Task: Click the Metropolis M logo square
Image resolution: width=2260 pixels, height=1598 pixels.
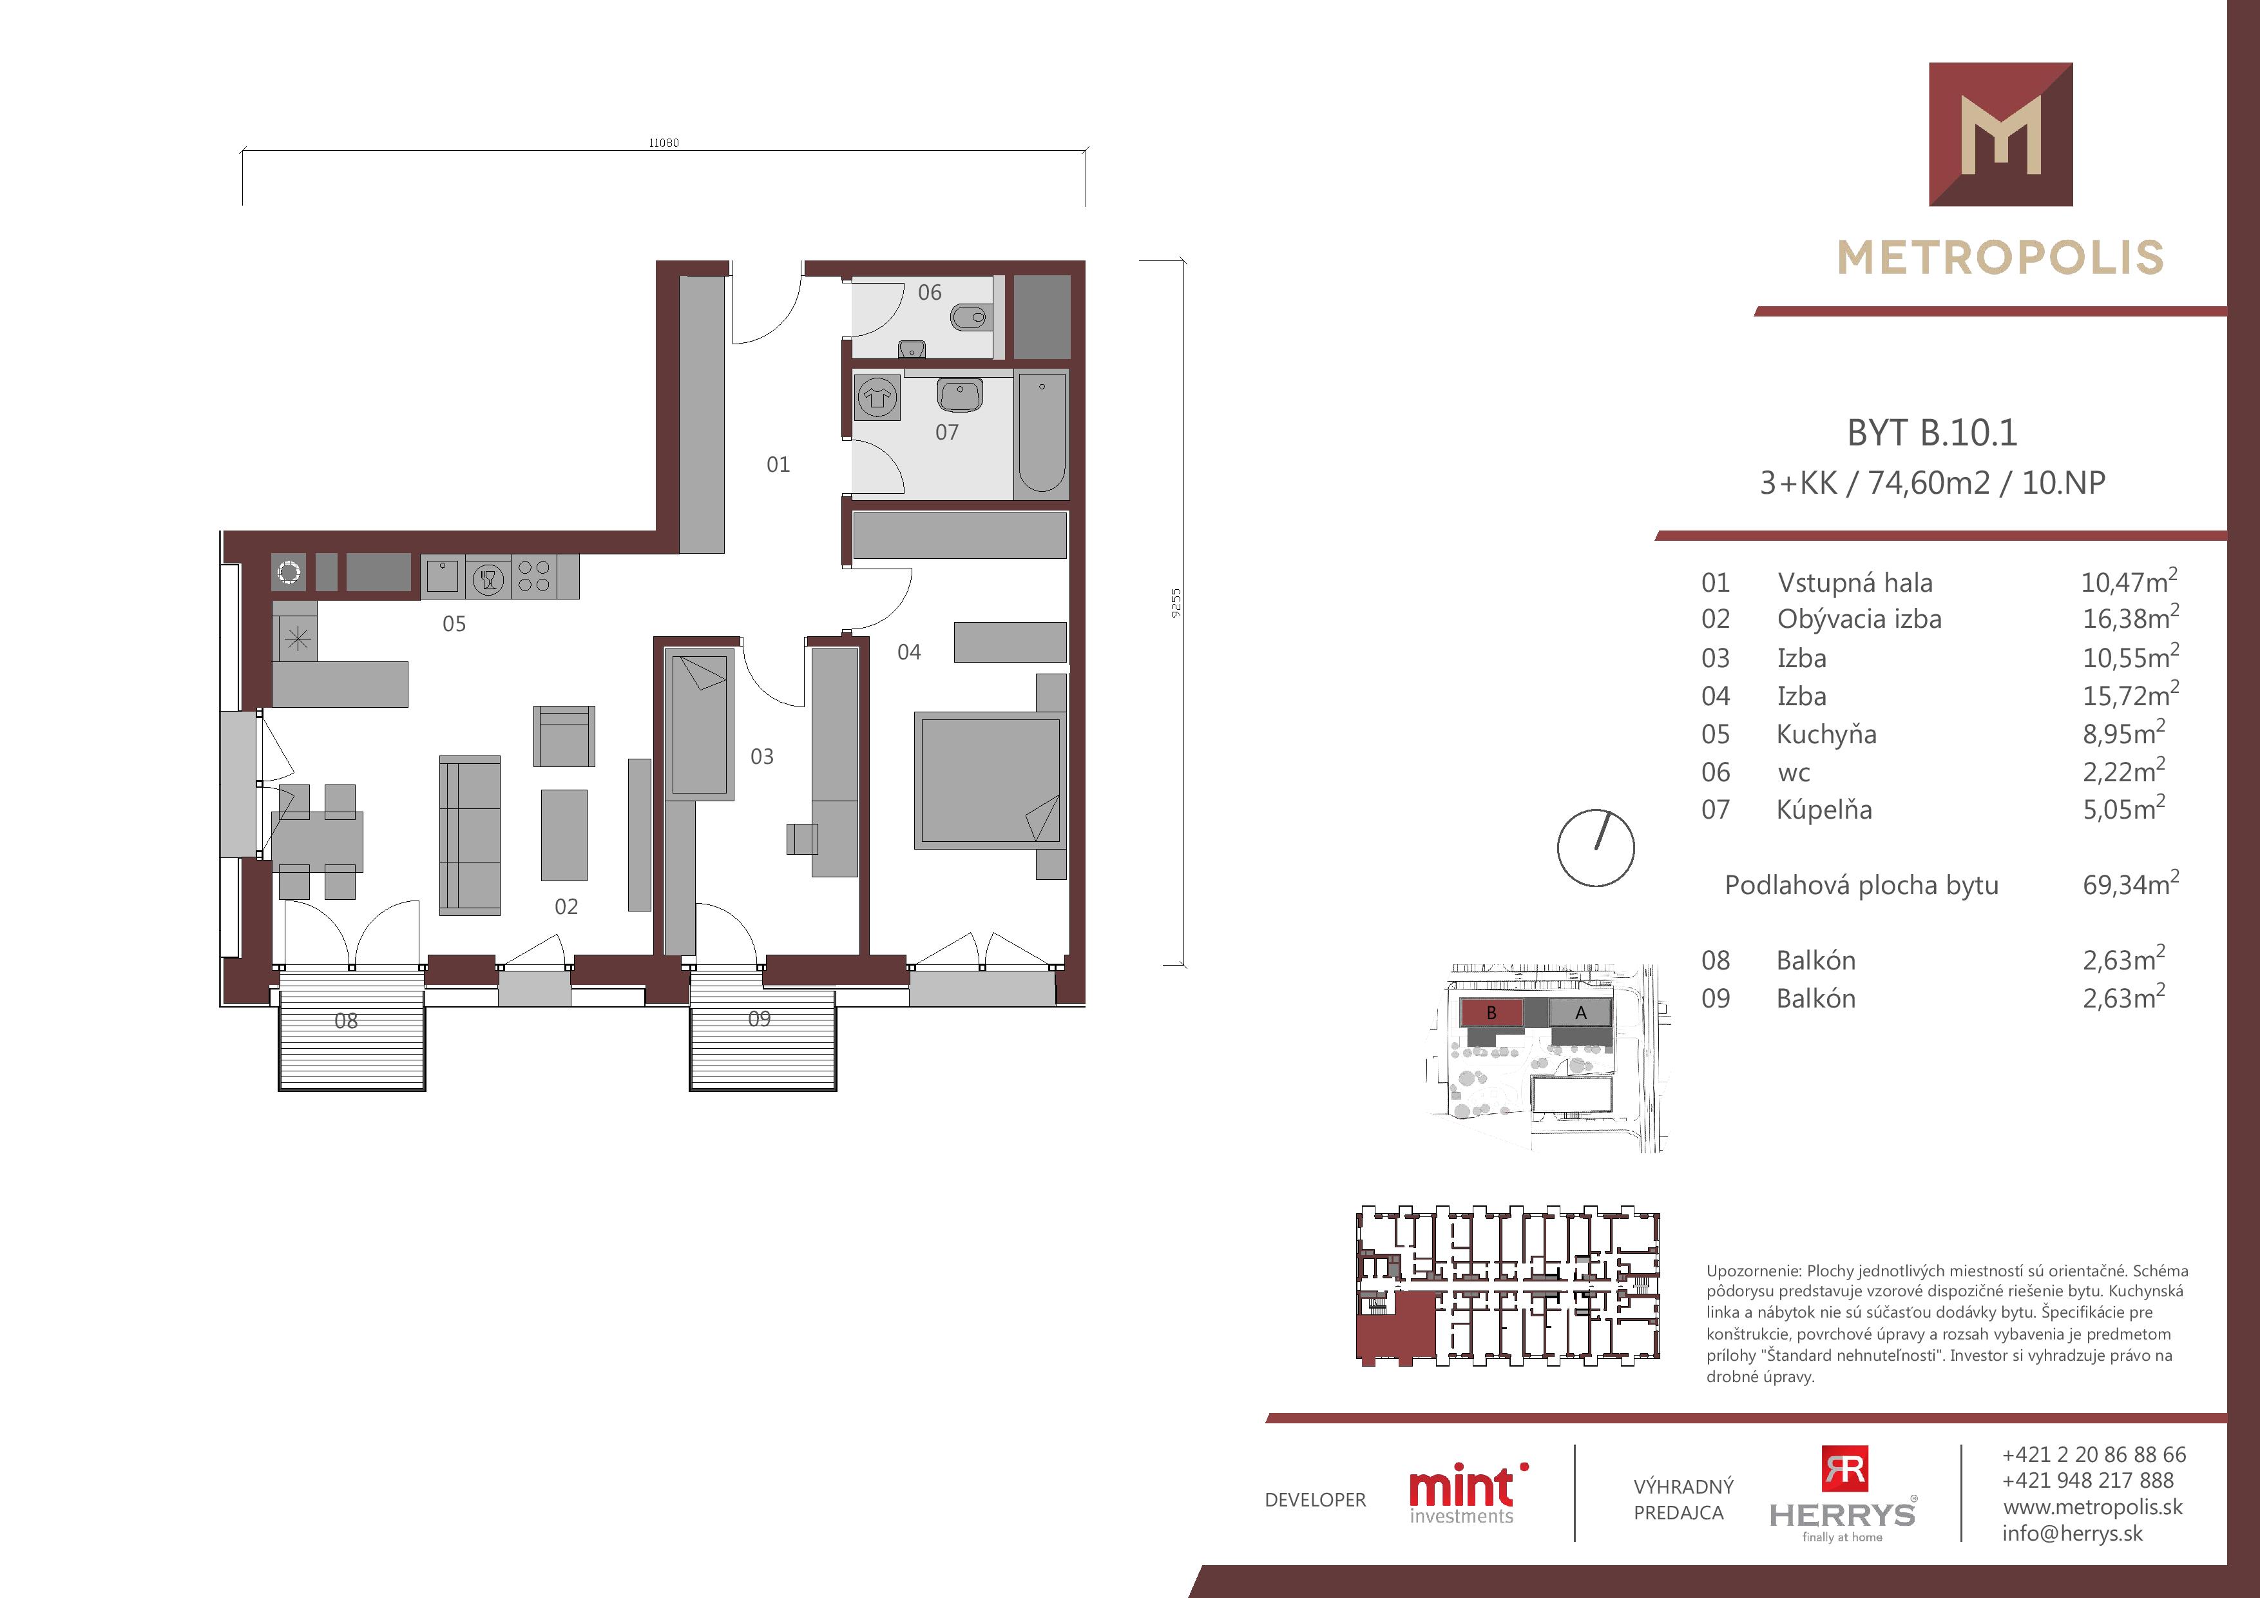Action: (x=2000, y=134)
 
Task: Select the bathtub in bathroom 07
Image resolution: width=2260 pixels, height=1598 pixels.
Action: (x=1041, y=433)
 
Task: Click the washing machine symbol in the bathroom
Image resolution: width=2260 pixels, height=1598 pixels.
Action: (x=877, y=398)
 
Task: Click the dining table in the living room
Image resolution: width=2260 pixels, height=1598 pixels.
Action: (x=317, y=842)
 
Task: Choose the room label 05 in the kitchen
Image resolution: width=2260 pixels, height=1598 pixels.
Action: (x=454, y=623)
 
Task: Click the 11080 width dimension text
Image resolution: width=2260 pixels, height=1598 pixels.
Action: (x=664, y=142)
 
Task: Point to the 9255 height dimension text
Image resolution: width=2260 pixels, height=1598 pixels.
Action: (x=1175, y=603)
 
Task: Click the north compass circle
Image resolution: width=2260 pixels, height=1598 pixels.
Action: (x=1596, y=848)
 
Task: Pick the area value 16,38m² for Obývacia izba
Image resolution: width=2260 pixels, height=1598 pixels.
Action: (x=2130, y=618)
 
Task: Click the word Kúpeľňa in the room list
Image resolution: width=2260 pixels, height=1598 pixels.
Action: (x=1824, y=810)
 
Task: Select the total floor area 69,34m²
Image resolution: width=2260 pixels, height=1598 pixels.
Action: (x=2130, y=883)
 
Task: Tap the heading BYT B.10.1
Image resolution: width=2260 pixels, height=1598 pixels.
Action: (x=1932, y=433)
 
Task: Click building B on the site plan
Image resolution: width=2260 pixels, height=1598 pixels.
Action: (x=1491, y=1012)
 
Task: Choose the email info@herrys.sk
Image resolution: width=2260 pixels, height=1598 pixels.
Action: (x=2072, y=1533)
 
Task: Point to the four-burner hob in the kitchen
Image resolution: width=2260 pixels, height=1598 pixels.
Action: (x=533, y=577)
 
